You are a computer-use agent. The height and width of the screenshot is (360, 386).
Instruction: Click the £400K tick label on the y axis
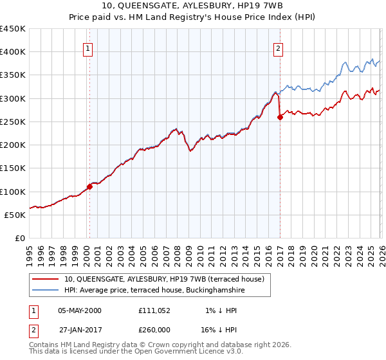click(13, 52)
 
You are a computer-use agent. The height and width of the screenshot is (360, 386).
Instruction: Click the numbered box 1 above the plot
click(87, 48)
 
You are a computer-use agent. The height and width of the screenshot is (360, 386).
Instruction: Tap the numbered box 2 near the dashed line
click(278, 48)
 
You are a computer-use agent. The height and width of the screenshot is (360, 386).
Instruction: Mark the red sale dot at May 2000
click(90, 186)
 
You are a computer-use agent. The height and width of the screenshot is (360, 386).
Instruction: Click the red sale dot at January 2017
click(280, 117)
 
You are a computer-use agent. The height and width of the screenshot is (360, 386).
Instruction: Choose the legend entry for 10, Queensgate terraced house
click(168, 278)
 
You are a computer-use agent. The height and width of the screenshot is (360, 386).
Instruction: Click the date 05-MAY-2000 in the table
click(80, 310)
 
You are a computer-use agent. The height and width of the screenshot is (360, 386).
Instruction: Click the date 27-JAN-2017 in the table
click(80, 330)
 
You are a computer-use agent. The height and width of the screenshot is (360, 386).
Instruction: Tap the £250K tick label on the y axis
click(13, 122)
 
